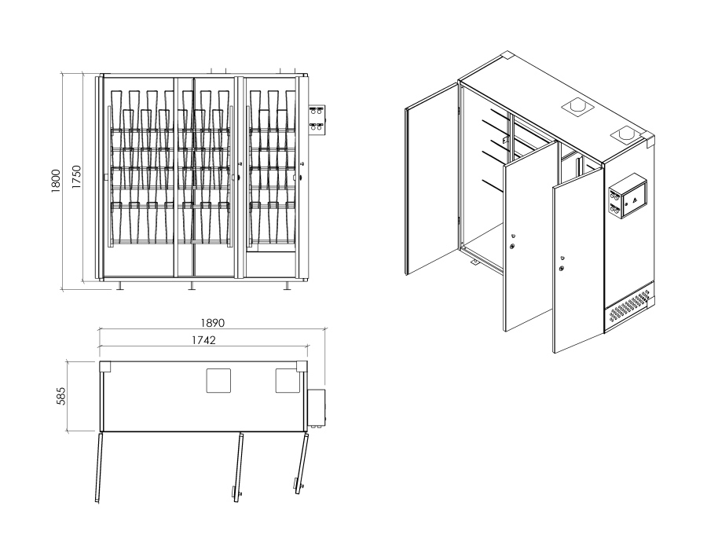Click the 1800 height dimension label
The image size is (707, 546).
point(56,181)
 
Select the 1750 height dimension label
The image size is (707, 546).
point(76,177)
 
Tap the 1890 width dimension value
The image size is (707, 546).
point(212,323)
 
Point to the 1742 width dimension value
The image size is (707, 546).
point(203,340)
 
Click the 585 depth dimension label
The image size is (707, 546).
point(60,396)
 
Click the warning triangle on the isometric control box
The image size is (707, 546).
point(635,200)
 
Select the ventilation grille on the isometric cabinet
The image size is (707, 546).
point(628,309)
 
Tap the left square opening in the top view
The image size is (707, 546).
point(218,380)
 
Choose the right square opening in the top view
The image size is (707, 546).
point(288,380)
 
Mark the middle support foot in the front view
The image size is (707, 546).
point(192,286)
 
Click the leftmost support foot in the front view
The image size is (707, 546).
point(120,286)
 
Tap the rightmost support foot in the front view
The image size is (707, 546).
point(287,286)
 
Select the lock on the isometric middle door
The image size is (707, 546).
point(513,246)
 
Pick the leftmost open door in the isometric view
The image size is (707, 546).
point(431,178)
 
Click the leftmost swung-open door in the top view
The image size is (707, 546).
point(99,467)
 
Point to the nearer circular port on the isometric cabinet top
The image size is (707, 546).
point(626,134)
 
